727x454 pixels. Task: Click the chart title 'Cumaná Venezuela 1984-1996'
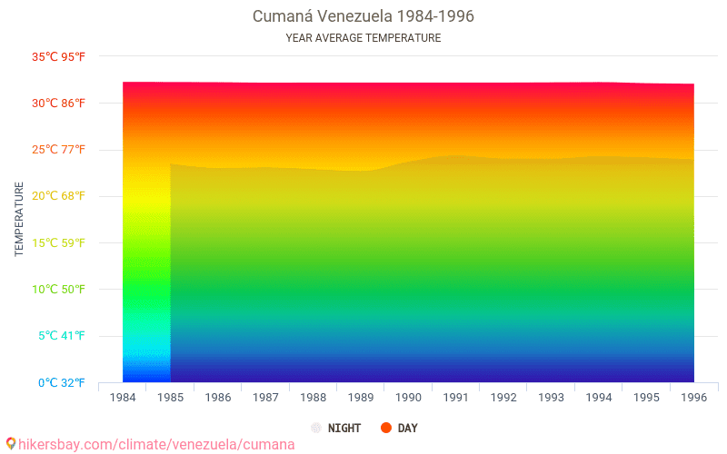[363, 16]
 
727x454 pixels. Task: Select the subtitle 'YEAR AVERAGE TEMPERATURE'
[363, 38]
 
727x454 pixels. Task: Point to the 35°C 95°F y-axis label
[58, 56]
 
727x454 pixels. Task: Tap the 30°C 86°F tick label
[58, 103]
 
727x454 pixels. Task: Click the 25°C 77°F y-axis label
[58, 149]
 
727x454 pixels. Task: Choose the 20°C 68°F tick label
[58, 195]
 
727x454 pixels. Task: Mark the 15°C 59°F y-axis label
[58, 242]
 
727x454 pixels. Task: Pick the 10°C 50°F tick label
[58, 289]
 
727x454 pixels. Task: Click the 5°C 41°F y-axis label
[62, 335]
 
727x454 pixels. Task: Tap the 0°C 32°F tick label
[62, 382]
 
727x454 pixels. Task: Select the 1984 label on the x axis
[123, 398]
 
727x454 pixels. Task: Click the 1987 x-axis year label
[265, 398]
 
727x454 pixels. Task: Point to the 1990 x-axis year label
[408, 398]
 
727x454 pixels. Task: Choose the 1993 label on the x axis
[551, 398]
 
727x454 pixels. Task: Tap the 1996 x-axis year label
[693, 398]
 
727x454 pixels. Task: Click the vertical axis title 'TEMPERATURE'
[18, 219]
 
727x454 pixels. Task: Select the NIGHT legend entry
[336, 428]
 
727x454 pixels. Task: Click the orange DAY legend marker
[385, 428]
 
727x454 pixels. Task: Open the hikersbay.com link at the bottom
[156, 445]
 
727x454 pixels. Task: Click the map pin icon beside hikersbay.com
[10, 444]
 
